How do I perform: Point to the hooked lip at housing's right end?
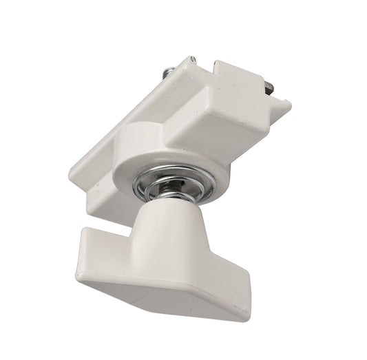279,107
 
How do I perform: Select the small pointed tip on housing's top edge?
185,61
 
